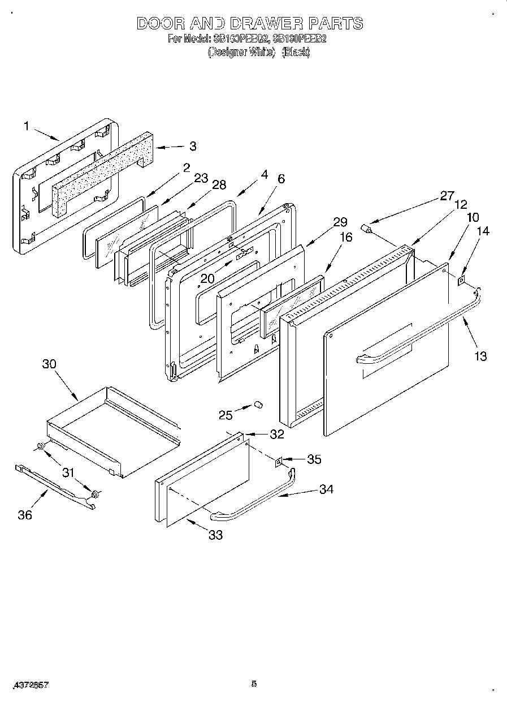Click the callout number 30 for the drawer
(50, 364)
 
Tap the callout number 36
(25, 514)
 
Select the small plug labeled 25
(258, 405)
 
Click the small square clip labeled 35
(279, 463)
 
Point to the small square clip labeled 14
(462, 279)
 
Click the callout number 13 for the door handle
(480, 356)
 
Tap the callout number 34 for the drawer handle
(326, 489)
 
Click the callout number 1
(26, 126)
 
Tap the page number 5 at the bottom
(254, 684)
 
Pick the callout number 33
(215, 535)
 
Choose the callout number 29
(340, 222)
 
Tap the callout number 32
(276, 435)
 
